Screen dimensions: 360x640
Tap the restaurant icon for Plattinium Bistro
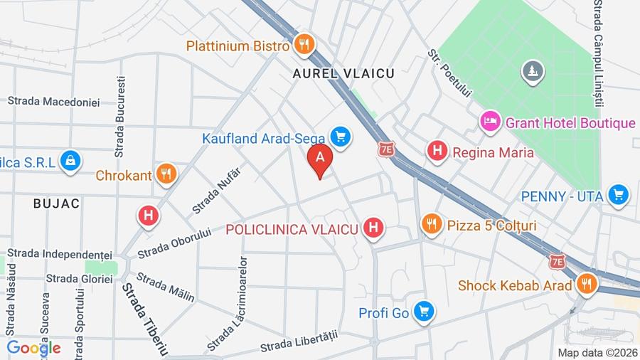(x=304, y=45)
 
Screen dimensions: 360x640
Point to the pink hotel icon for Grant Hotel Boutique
(x=490, y=122)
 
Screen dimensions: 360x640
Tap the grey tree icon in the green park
(x=532, y=70)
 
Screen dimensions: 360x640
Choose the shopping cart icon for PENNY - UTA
(x=619, y=195)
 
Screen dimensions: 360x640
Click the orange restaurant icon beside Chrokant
(x=166, y=174)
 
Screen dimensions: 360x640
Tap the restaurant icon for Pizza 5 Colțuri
(x=431, y=225)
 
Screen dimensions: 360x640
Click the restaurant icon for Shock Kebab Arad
(x=586, y=285)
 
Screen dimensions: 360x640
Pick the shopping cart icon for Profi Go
(x=425, y=312)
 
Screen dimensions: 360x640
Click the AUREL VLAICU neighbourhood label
(x=343, y=73)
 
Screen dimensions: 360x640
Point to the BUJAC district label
(x=56, y=203)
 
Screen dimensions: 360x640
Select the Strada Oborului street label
(x=175, y=243)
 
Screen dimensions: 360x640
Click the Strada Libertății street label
(x=298, y=342)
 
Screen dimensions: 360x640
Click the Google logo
(x=33, y=348)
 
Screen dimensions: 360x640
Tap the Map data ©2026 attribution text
(x=597, y=352)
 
